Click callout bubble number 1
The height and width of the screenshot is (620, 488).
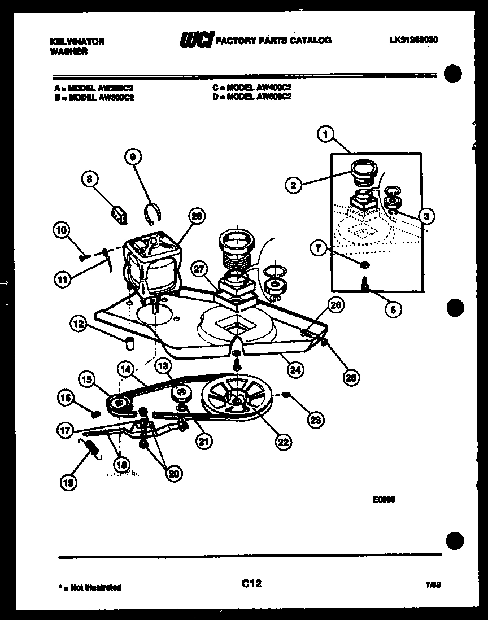tap(324, 134)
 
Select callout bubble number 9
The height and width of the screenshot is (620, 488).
tap(132, 158)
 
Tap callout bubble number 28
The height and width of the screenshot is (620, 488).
tap(197, 216)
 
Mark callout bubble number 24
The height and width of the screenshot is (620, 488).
tap(295, 370)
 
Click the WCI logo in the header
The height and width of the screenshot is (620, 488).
tap(194, 40)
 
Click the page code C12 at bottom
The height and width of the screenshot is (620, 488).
tap(251, 583)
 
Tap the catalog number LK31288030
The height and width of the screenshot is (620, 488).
tap(413, 40)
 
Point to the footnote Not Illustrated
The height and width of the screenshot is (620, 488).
tap(90, 587)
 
